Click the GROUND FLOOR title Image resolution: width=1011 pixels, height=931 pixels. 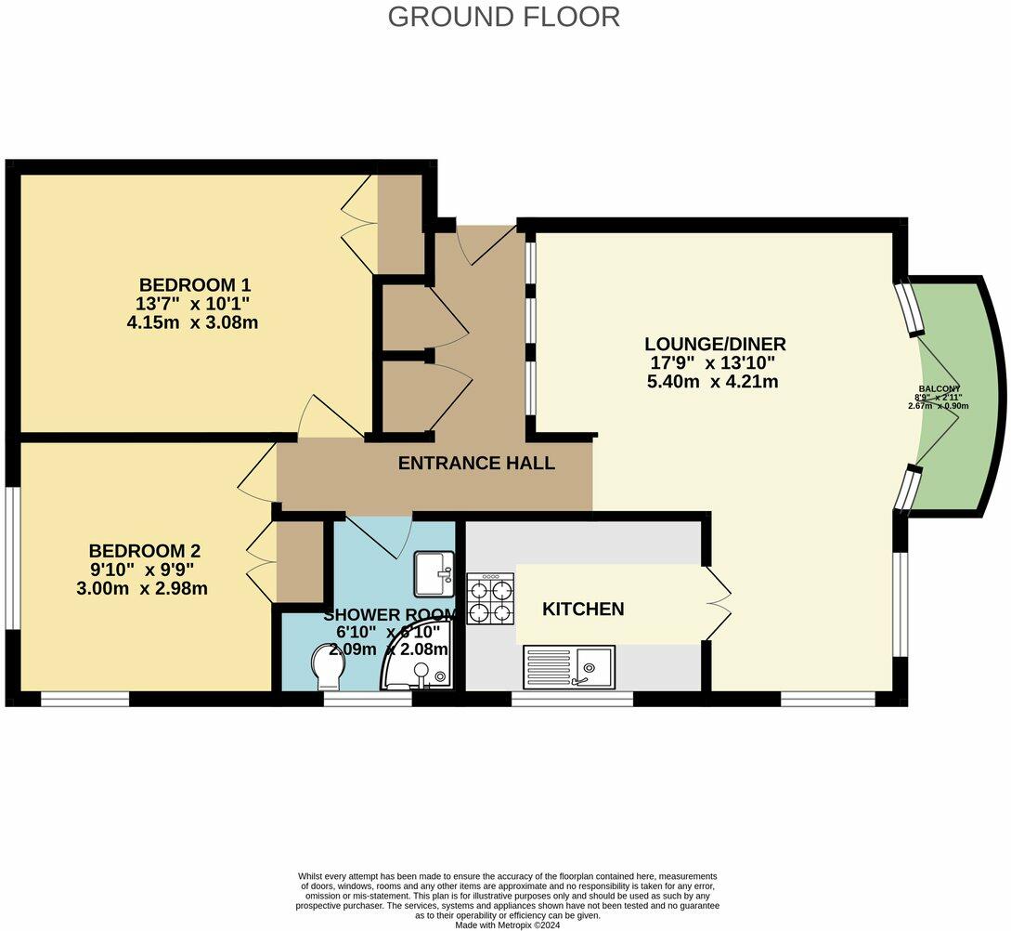pos(503,17)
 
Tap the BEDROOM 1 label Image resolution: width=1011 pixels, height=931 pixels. pos(194,284)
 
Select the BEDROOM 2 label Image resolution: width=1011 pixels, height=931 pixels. pos(144,550)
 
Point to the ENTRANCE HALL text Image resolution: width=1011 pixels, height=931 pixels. pos(476,463)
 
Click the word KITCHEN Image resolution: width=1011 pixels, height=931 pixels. pos(583,610)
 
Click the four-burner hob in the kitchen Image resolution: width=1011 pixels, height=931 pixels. pos(490,600)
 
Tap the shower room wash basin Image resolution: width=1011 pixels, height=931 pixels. pos(434,572)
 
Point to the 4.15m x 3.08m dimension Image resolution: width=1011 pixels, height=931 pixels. pos(192,323)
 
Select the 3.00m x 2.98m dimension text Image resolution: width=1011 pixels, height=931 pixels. pos(144,588)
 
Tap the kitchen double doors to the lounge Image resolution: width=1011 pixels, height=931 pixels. pos(718,604)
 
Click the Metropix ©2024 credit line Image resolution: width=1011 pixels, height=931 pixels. pos(507,924)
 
